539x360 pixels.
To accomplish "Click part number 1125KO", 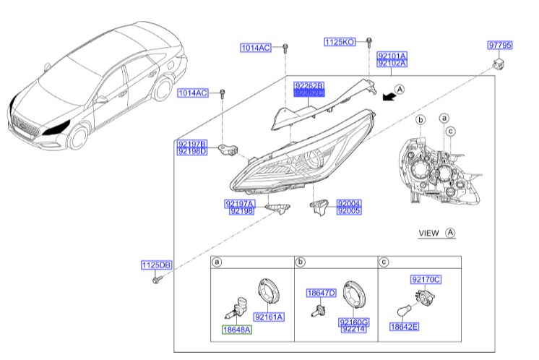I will (340, 42).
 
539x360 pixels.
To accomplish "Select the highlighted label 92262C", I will (309, 94).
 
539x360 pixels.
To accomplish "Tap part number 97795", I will (499, 45).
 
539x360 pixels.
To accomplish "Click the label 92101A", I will (392, 55).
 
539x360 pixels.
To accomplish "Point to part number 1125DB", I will (155, 266).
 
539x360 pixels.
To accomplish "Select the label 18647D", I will (321, 293).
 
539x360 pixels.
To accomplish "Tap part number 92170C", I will (426, 279).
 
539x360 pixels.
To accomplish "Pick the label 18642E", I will (405, 327).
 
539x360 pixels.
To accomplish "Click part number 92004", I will (348, 203).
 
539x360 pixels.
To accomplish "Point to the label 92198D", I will (192, 152).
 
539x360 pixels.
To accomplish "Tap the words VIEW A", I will (436, 233).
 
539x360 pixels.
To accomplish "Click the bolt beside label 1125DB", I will (156, 279).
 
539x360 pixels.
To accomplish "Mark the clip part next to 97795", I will (497, 65).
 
